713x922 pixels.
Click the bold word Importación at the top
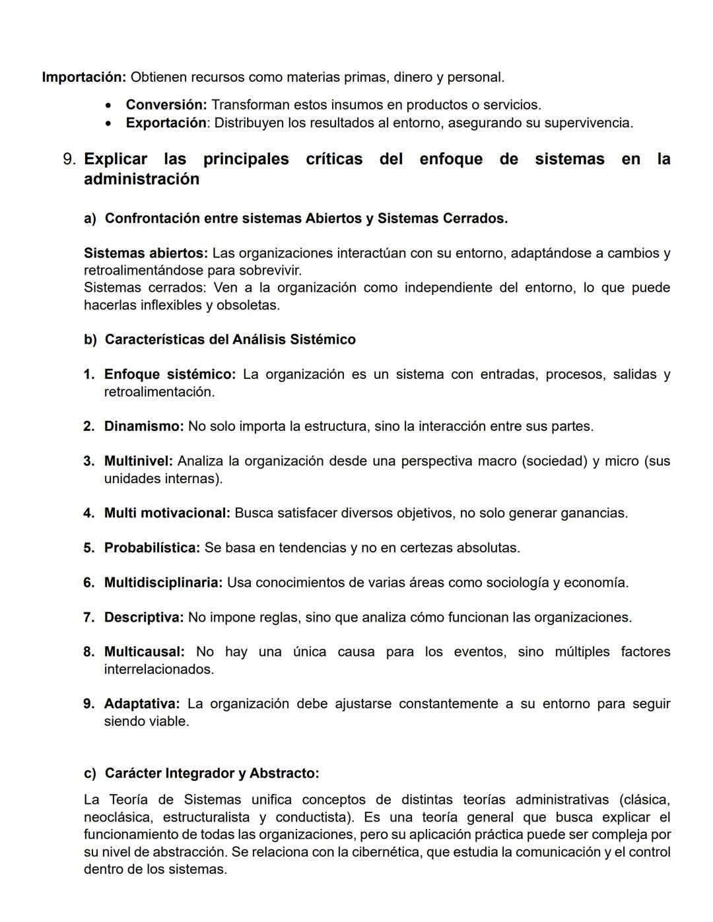(84, 77)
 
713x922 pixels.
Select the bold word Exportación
(166, 123)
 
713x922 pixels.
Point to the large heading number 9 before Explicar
(69, 159)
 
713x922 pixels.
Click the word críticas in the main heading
(334, 159)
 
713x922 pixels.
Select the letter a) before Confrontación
(90, 218)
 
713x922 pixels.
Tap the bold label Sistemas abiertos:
(145, 253)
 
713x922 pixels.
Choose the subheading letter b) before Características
(90, 339)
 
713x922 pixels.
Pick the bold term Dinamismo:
(144, 426)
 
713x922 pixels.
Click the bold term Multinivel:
(138, 461)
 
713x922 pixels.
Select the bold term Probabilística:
(152, 548)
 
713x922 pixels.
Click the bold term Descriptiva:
(144, 617)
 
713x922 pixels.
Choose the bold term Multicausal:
(144, 651)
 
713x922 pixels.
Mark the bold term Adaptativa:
(142, 704)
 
